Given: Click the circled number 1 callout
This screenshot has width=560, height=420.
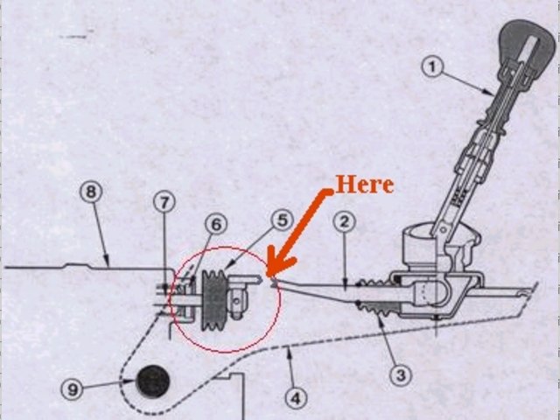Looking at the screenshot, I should point(434,66).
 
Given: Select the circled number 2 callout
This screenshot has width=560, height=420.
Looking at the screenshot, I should point(344,221).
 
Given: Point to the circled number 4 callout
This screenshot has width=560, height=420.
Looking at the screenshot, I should point(297,398).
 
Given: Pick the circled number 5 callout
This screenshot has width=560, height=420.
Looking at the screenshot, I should point(281,220).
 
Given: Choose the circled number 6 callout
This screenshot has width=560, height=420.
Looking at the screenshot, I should point(216,225).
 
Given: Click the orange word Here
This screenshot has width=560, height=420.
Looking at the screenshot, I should point(364,185).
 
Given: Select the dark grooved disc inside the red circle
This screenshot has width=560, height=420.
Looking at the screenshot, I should point(213,300).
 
